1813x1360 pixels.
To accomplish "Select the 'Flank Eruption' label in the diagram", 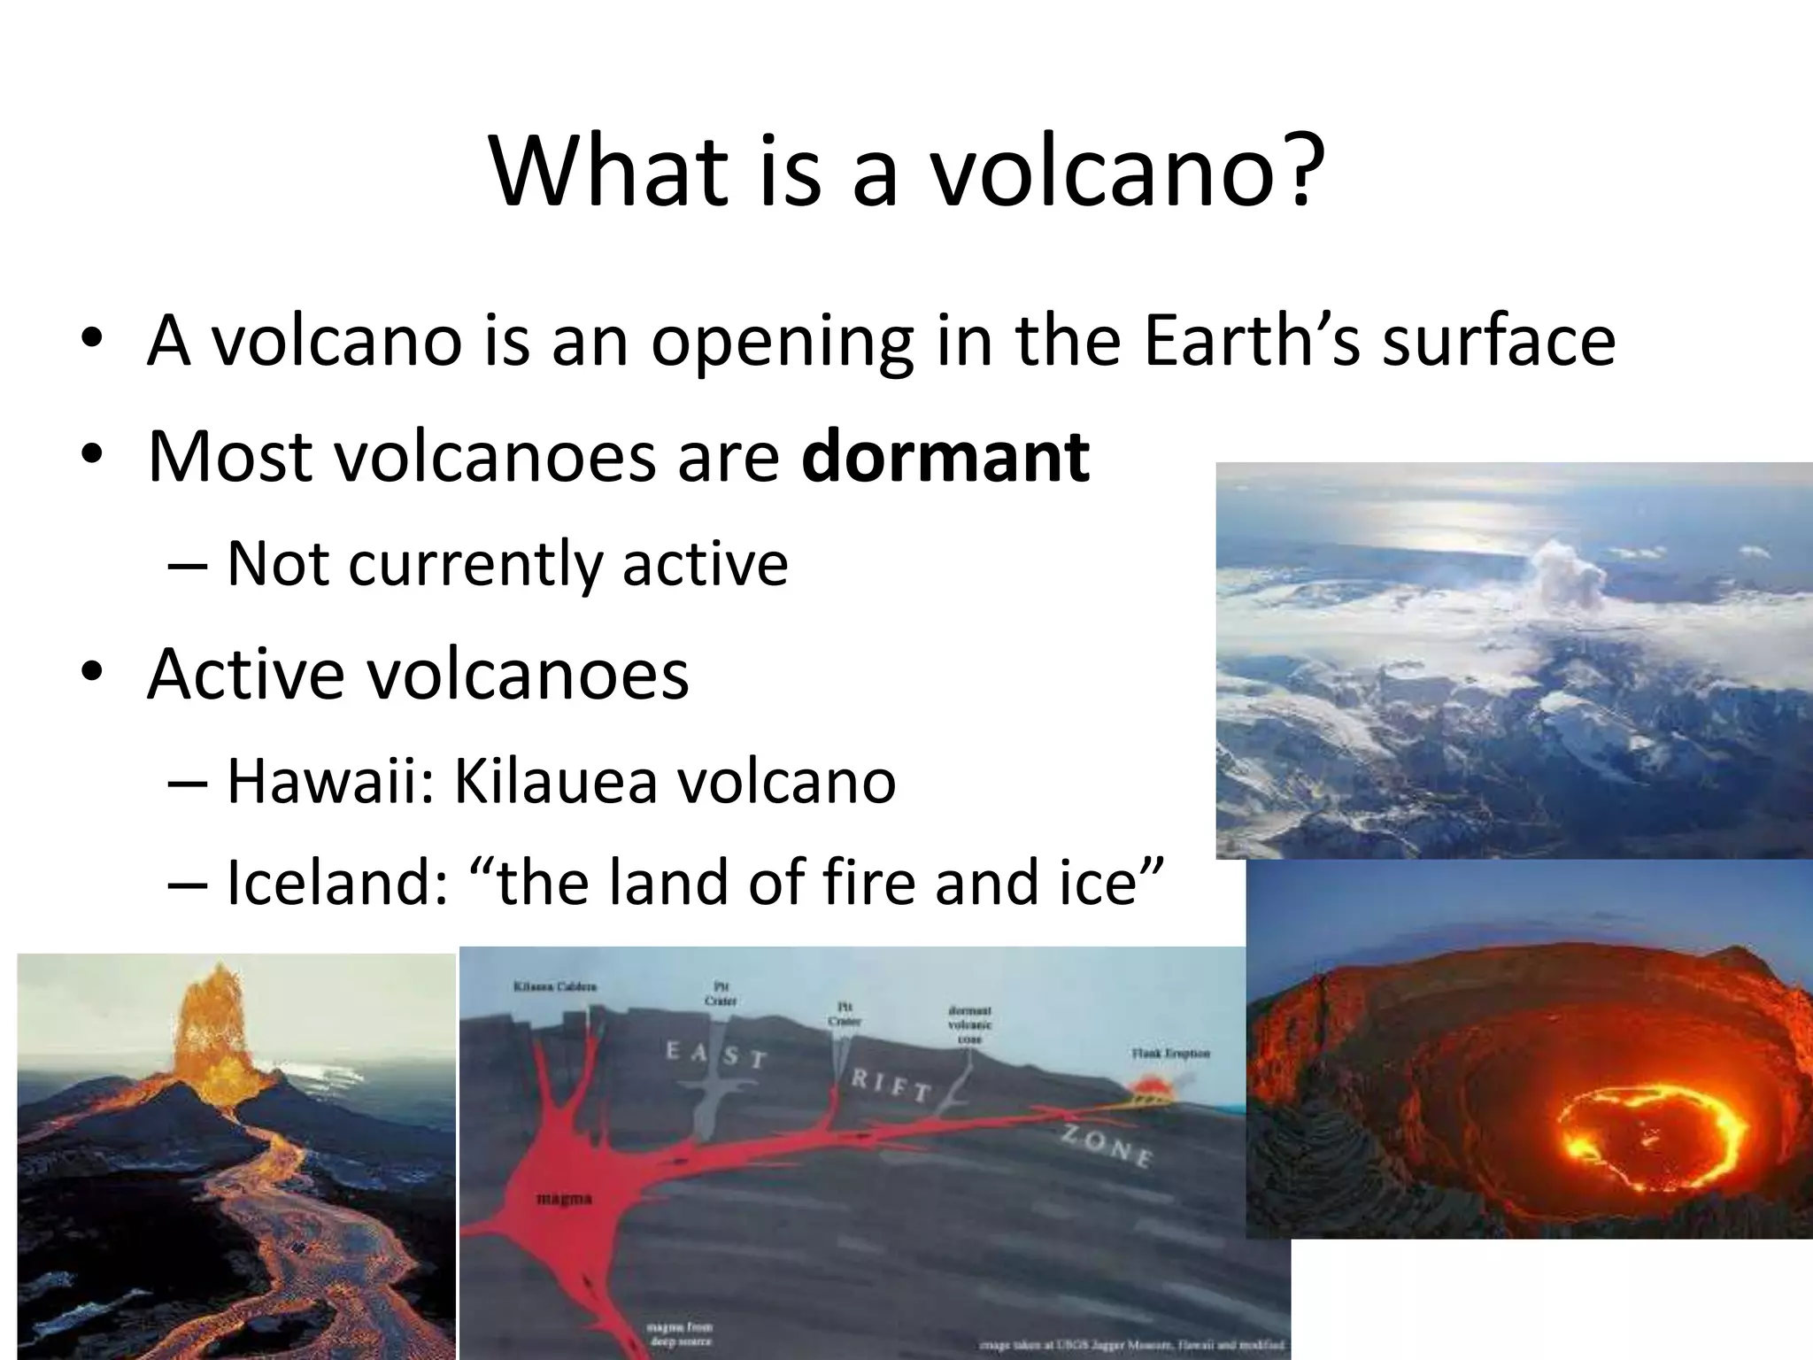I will click(x=1169, y=1054).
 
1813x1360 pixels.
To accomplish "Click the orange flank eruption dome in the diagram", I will click(x=1149, y=1086).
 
